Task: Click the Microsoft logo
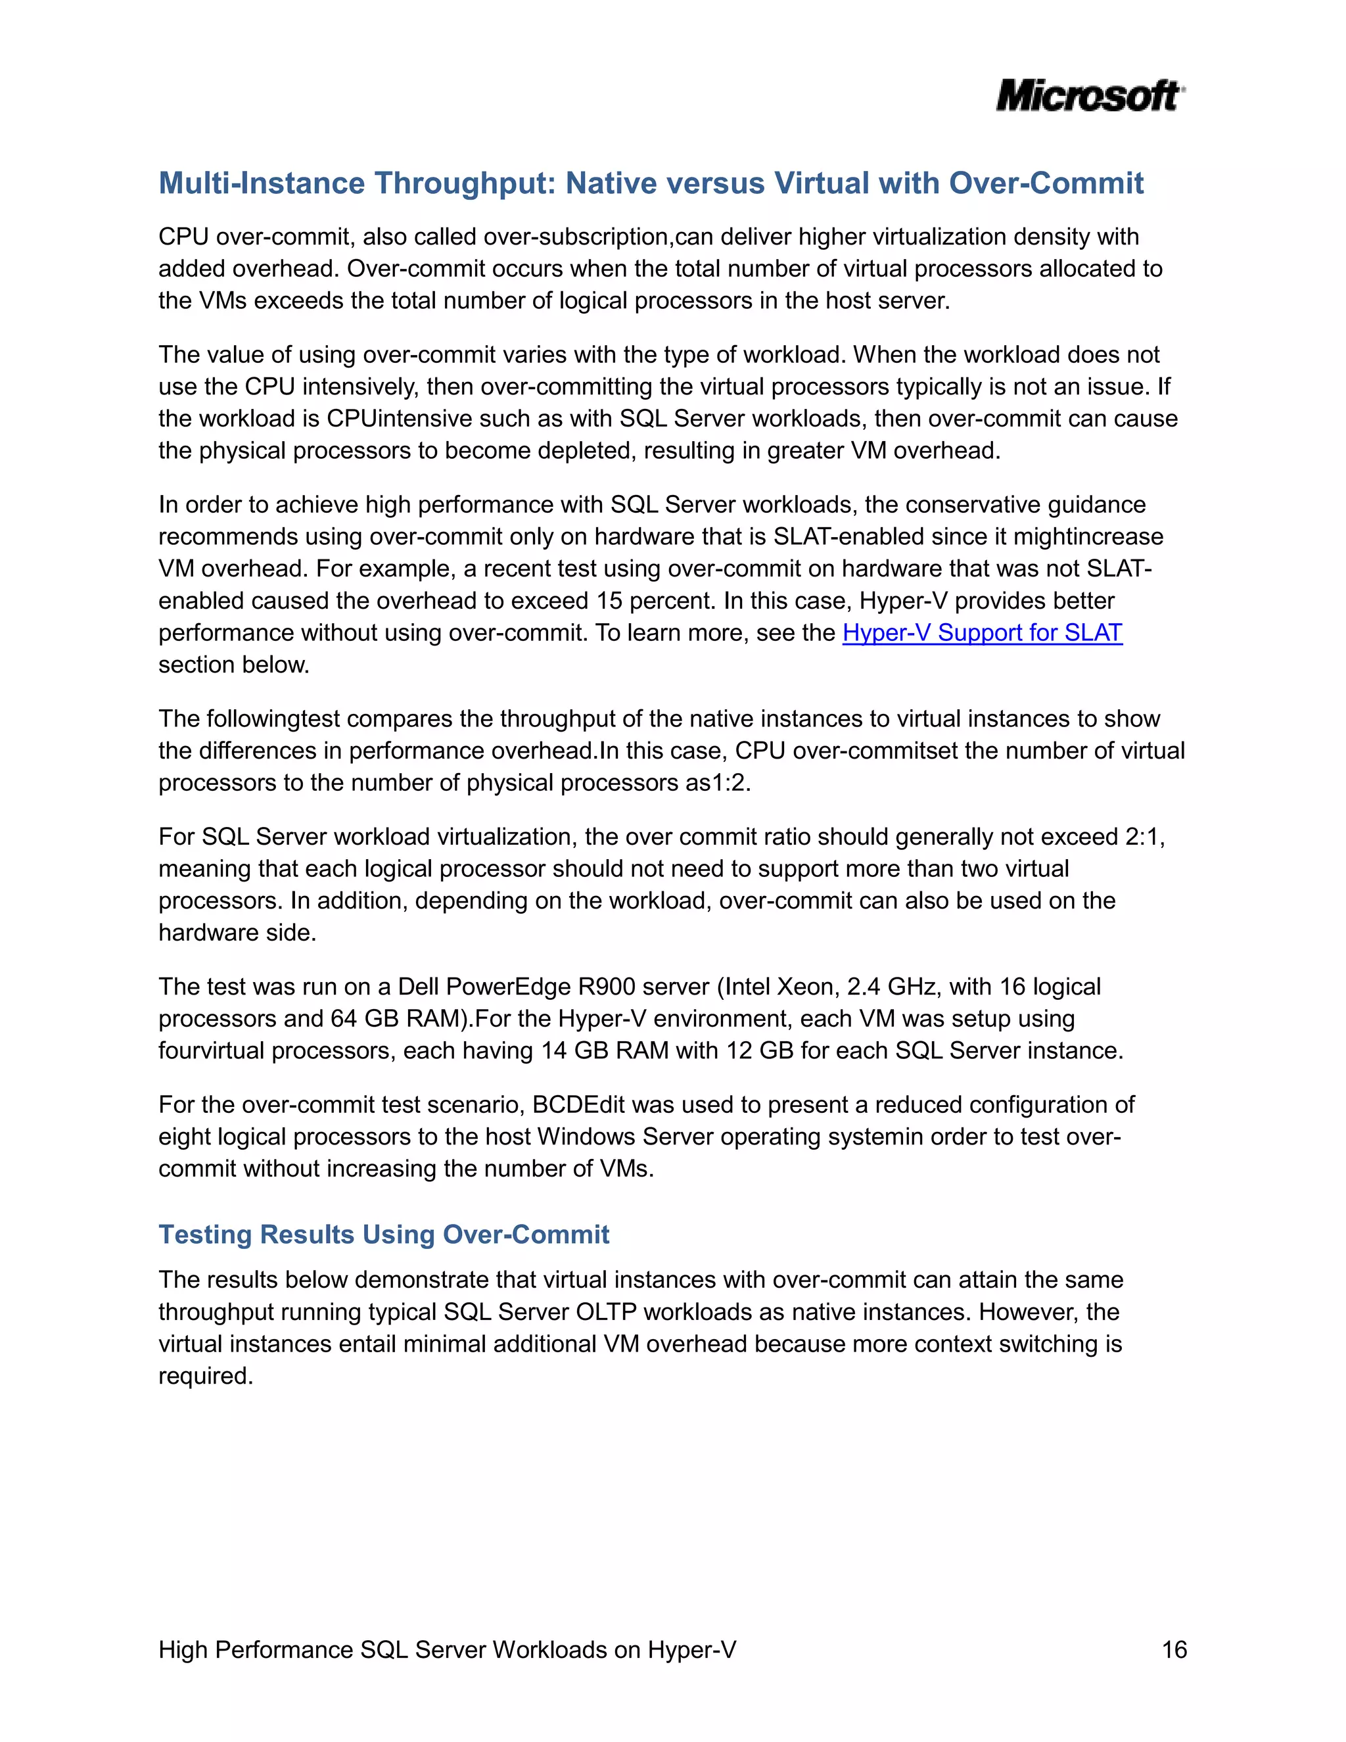click(x=1089, y=96)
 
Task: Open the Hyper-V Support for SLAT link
click(x=982, y=632)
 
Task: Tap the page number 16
click(x=1174, y=1649)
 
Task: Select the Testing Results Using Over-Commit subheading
click(x=384, y=1234)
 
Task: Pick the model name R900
click(x=606, y=987)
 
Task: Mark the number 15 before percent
click(x=609, y=601)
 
